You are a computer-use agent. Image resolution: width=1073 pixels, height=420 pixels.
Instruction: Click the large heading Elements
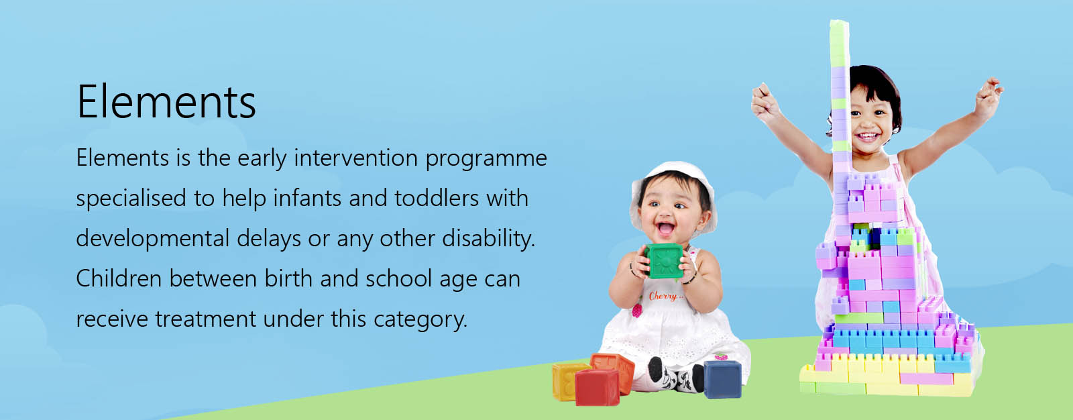click(x=166, y=101)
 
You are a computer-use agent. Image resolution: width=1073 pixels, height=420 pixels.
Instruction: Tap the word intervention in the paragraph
click(x=356, y=158)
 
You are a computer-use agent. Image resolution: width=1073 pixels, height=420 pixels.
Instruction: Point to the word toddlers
click(x=437, y=197)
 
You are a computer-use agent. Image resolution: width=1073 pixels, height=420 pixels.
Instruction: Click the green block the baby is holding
click(x=665, y=260)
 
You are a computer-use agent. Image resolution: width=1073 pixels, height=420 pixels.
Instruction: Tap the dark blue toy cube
click(x=723, y=379)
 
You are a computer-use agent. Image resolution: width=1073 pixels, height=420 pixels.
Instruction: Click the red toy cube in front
click(x=598, y=387)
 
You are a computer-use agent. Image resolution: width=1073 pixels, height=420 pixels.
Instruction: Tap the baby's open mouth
click(x=666, y=228)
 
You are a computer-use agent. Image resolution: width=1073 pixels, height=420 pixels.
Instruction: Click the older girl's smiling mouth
click(x=868, y=137)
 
